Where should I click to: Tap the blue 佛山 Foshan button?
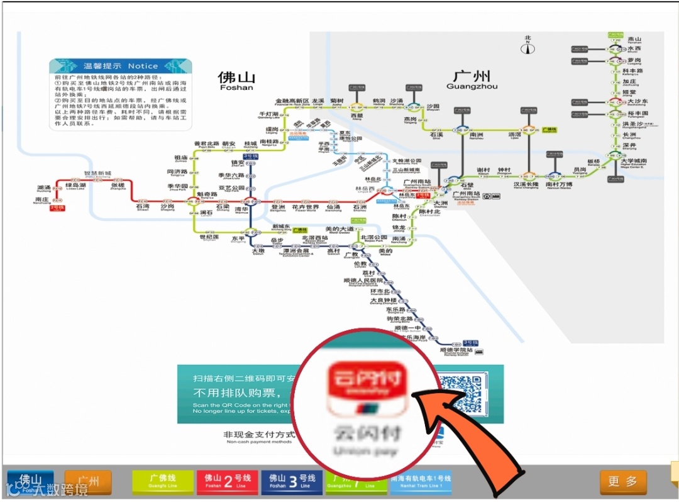coord(30,482)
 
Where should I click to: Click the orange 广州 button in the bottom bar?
coord(88,482)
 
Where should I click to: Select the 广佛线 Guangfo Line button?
coord(163,482)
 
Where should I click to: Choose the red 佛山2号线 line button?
coord(228,482)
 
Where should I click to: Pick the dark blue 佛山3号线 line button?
coord(292,482)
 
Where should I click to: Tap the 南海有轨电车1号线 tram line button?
coord(421,482)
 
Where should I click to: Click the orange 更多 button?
coord(622,482)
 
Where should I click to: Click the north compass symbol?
coord(529,45)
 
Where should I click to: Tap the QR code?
coord(463,394)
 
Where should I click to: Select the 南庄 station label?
coord(41,200)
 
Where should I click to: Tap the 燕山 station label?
coord(634,39)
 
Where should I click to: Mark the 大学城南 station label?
coord(634,162)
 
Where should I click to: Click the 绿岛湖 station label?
coord(75,186)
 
